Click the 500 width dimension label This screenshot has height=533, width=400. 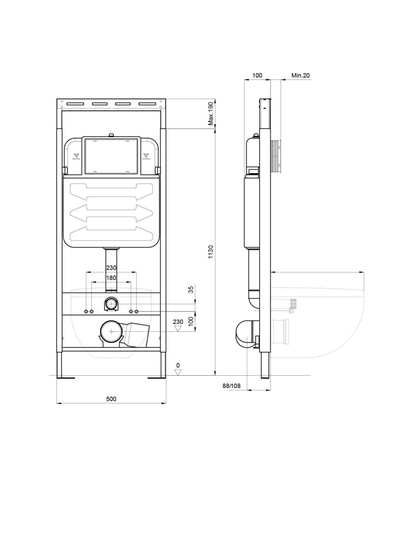pyautogui.click(x=111, y=399)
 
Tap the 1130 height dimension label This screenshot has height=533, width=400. pyautogui.click(x=211, y=252)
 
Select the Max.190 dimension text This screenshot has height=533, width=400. pyautogui.click(x=211, y=114)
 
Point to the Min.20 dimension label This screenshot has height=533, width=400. pyautogui.click(x=301, y=76)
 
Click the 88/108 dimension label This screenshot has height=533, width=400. pyautogui.click(x=231, y=386)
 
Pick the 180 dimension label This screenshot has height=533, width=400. pyautogui.click(x=111, y=278)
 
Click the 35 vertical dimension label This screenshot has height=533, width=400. pyautogui.click(x=191, y=289)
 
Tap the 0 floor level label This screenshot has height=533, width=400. pyautogui.click(x=178, y=366)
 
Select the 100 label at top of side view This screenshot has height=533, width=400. pyautogui.click(x=257, y=76)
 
